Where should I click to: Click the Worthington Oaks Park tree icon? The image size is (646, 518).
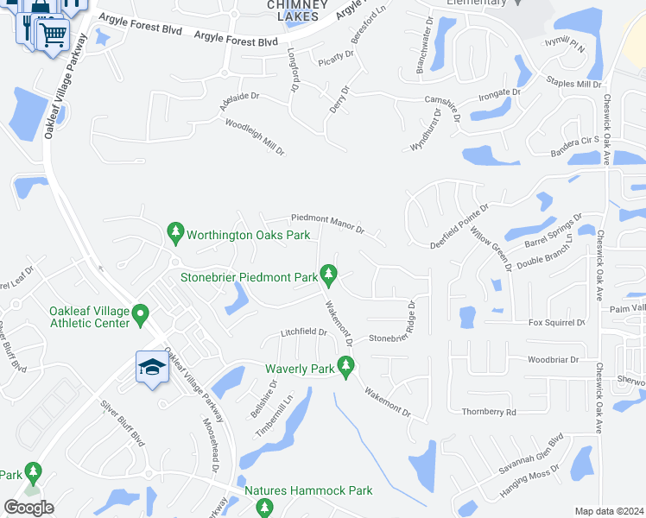175,232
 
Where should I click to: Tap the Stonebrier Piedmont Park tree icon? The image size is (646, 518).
328,275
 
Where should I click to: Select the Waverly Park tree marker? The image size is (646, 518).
346,368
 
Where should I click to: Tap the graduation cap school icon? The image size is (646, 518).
151,367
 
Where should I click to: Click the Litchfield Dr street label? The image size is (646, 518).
304,332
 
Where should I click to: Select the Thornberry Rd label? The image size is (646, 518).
488,413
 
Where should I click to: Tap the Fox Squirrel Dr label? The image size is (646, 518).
556,323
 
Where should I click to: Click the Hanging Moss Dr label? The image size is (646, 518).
530,485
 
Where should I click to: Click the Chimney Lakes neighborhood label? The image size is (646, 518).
296,9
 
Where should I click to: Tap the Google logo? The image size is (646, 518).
28,508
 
